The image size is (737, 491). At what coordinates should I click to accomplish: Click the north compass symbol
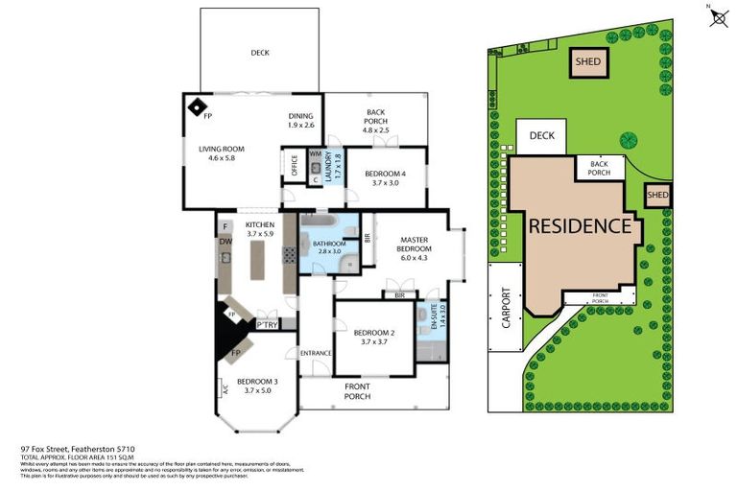[718, 17]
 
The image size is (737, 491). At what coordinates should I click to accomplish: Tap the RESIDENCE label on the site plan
[580, 226]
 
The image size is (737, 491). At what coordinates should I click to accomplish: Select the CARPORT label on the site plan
[507, 309]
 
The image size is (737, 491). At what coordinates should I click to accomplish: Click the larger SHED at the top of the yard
[588, 62]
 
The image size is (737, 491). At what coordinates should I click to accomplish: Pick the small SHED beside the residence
[657, 195]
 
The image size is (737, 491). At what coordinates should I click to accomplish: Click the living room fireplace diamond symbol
[196, 105]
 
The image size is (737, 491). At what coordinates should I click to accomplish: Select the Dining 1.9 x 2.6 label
[301, 120]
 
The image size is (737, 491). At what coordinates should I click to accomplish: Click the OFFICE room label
[294, 165]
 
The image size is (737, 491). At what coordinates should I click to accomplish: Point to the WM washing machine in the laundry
[315, 153]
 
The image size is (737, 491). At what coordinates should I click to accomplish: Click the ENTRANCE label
[316, 353]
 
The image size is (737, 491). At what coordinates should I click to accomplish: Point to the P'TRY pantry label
[267, 326]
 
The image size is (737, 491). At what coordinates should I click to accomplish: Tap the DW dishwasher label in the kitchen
[225, 242]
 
